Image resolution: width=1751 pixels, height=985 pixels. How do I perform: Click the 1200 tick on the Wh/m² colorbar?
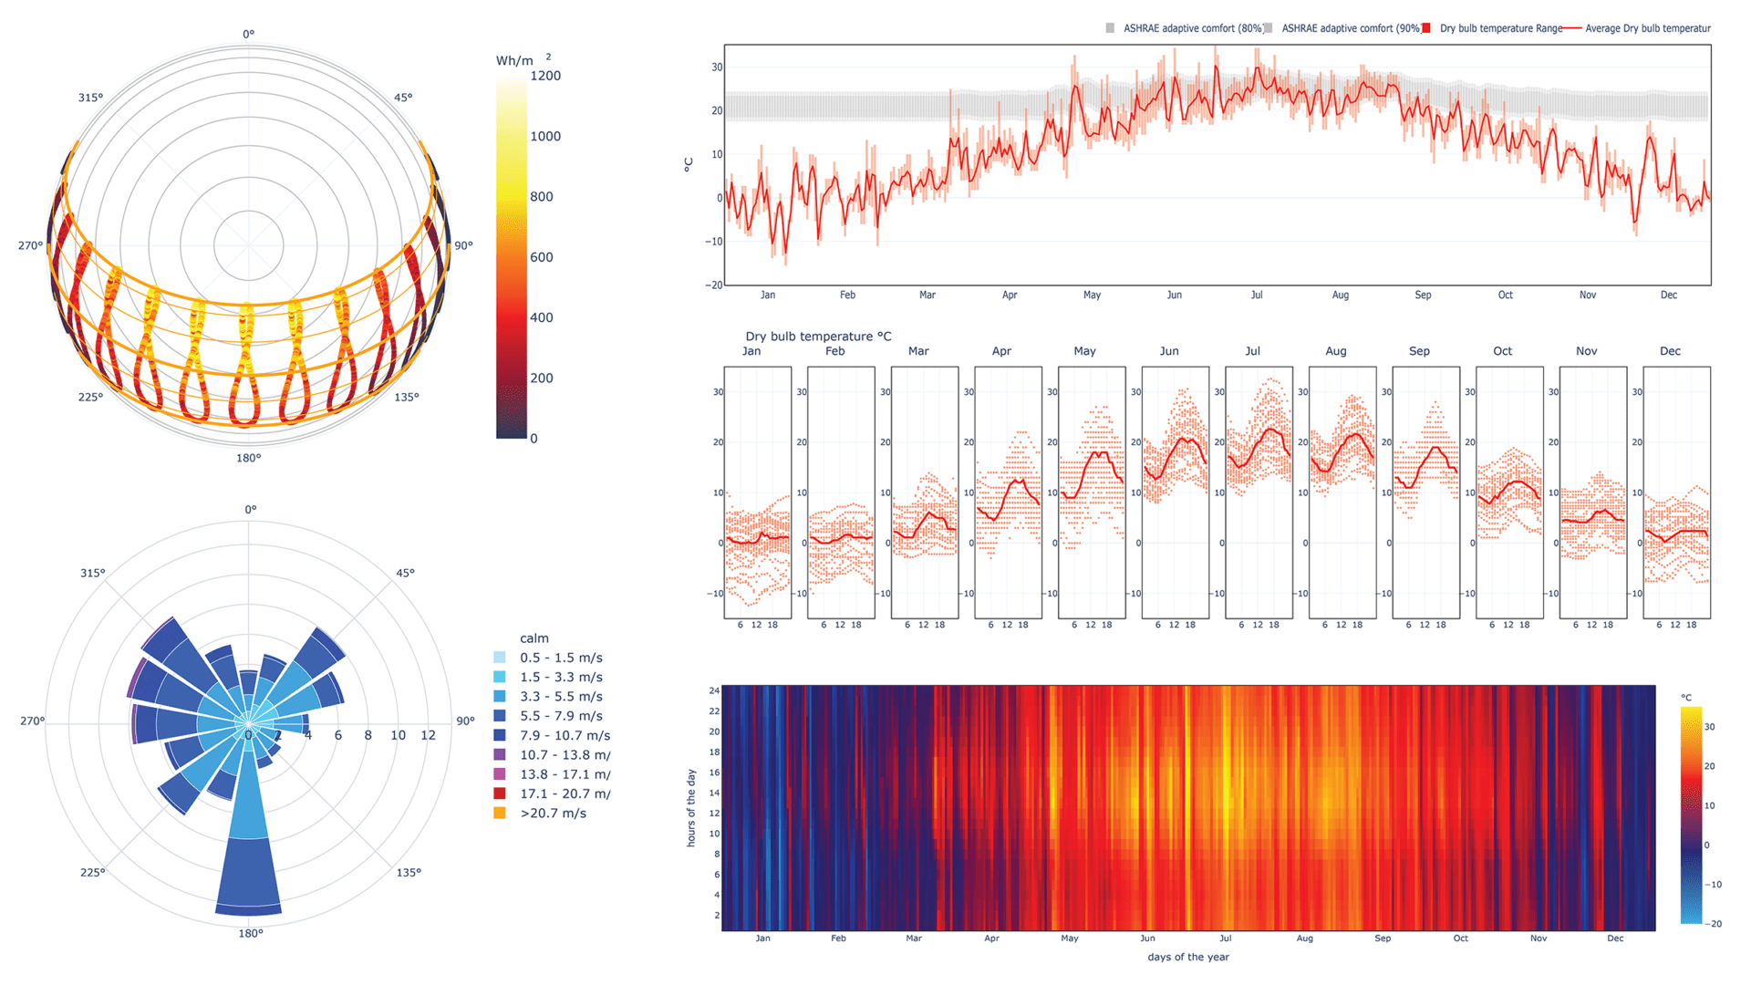click(x=544, y=76)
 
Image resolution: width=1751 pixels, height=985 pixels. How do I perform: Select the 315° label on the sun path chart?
click(x=90, y=98)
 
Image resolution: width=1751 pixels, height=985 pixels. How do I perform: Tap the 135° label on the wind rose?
click(x=409, y=873)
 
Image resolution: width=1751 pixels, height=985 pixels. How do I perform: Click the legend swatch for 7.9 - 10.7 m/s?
click(x=500, y=735)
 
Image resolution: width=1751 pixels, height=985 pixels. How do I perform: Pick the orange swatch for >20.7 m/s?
click(x=500, y=813)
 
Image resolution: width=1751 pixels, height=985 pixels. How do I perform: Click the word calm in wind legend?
click(x=534, y=638)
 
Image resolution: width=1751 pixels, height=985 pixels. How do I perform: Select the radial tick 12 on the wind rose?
click(x=428, y=735)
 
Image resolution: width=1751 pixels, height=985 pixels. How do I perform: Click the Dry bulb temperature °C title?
click(x=818, y=337)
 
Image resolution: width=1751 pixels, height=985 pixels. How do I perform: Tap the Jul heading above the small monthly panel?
click(x=1252, y=351)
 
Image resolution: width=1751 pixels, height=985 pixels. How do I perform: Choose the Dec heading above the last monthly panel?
click(x=1670, y=351)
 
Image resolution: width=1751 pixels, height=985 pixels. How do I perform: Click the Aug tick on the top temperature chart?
click(x=1340, y=295)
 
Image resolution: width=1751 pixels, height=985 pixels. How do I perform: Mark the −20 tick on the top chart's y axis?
click(x=714, y=285)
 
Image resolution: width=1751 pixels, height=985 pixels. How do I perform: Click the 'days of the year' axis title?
click(x=1187, y=957)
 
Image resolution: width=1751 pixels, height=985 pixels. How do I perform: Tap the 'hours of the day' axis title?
click(x=691, y=808)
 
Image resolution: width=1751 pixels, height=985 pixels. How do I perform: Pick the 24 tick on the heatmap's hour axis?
click(x=714, y=690)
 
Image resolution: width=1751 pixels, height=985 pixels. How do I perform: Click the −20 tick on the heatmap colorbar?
click(x=1715, y=924)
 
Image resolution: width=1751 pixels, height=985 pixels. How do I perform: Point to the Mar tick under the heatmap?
click(x=913, y=938)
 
